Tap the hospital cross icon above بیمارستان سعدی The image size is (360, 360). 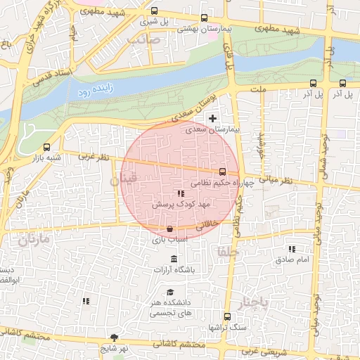click(213, 118)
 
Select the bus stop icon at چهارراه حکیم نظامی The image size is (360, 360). click(223, 171)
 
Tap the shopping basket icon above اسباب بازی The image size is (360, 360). click(170, 229)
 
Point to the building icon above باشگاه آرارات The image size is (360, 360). click(174, 259)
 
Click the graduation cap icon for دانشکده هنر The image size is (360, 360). click(169, 292)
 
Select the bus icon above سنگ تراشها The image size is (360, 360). click(226, 316)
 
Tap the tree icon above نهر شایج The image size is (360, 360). click(114, 337)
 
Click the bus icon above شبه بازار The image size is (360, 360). click(46, 148)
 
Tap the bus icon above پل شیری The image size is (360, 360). click(154, 11)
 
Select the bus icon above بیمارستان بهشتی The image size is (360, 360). click(204, 18)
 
